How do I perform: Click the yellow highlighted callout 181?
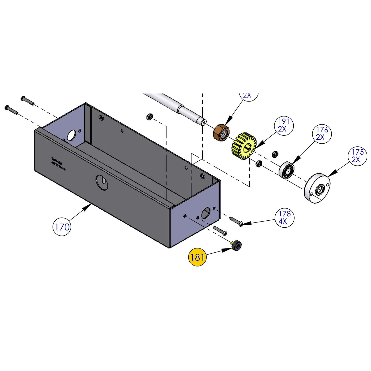[x=197, y=257]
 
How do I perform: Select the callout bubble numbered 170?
[x=62, y=227]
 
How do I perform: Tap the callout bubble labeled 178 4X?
[x=285, y=217]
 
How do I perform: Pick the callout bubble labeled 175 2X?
[x=357, y=156]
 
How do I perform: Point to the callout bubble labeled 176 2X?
[x=321, y=134]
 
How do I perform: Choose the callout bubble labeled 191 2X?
[x=283, y=125]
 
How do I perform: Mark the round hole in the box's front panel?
[x=102, y=182]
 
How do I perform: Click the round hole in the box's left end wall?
[x=72, y=135]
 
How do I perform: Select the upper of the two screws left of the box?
[x=27, y=100]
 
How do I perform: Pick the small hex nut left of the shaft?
[x=149, y=116]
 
